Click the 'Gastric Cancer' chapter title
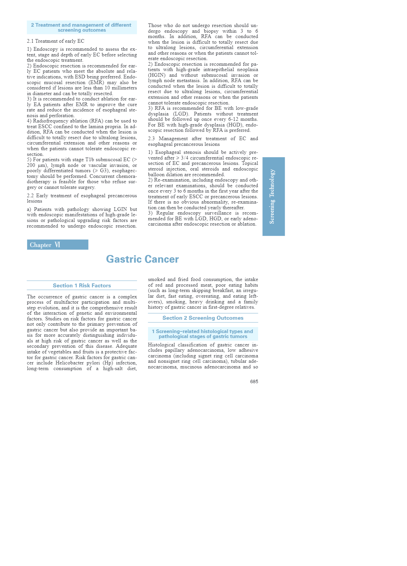click(x=142, y=259)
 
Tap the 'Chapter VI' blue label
click(x=57, y=245)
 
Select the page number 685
click(x=254, y=381)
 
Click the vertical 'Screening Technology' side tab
click(x=273, y=196)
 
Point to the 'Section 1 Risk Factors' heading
click(x=82, y=285)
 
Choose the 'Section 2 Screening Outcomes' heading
click(x=203, y=318)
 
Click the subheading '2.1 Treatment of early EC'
click(x=55, y=41)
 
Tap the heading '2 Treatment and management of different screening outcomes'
click(x=82, y=27)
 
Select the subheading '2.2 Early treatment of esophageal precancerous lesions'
click(x=82, y=198)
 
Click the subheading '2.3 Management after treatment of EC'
click(x=203, y=141)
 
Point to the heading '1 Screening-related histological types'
click(x=203, y=334)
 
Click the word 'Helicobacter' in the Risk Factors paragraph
click(x=70, y=363)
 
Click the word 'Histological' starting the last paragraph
click(x=161, y=345)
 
